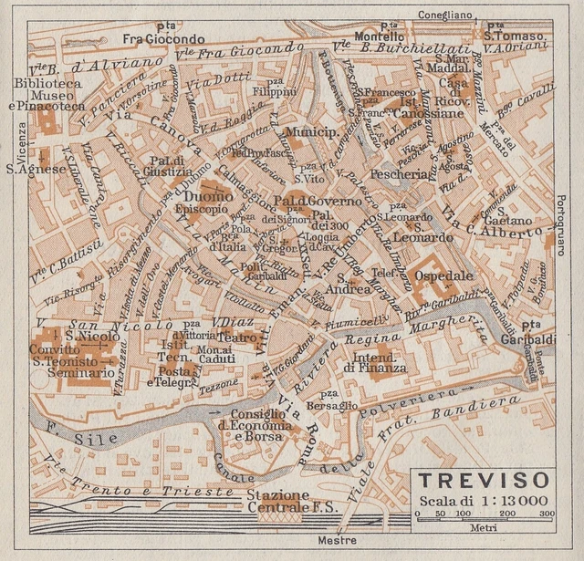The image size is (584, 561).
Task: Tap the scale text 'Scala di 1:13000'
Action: click(x=483, y=500)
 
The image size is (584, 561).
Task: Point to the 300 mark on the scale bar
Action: click(x=546, y=515)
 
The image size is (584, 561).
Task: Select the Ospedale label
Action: click(x=443, y=275)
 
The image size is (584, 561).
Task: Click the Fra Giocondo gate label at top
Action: click(x=164, y=39)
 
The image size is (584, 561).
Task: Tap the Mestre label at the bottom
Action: click(x=337, y=541)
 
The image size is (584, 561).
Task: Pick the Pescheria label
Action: click(x=399, y=173)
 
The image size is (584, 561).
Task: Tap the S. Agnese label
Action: click(x=36, y=168)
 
